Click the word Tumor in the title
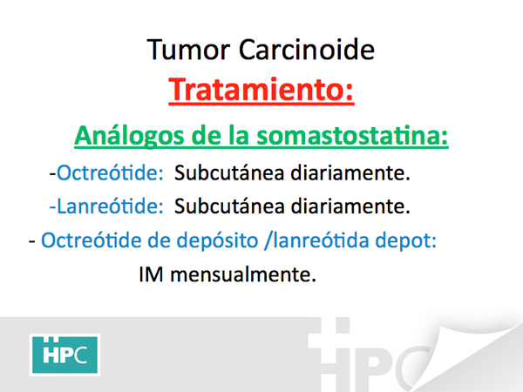[188, 50]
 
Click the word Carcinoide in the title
[307, 50]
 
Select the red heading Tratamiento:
[261, 90]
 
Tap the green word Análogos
[129, 137]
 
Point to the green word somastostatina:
[352, 136]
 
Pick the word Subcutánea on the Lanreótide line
[229, 206]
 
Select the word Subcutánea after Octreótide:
[229, 172]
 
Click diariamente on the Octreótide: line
[350, 172]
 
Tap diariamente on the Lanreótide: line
[350, 206]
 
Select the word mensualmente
[243, 274]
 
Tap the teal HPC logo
[65, 355]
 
